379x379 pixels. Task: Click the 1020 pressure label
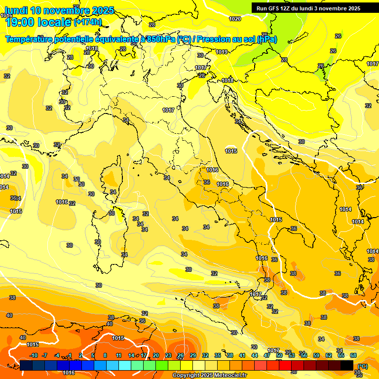(235, 19)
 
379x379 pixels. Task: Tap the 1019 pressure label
(222, 52)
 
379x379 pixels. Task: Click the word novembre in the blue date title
(69, 10)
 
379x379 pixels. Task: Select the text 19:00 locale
(38, 22)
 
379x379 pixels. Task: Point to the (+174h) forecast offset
(88, 22)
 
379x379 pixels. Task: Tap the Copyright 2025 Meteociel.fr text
(209, 375)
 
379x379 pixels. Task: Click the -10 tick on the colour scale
(34, 355)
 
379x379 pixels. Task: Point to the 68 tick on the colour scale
(353, 355)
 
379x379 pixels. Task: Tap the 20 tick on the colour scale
(156, 355)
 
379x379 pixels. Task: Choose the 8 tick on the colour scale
(105, 355)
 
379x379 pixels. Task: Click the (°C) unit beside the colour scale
(362, 366)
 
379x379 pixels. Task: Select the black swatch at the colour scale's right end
(347, 365)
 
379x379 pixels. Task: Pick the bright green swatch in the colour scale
(162, 365)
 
